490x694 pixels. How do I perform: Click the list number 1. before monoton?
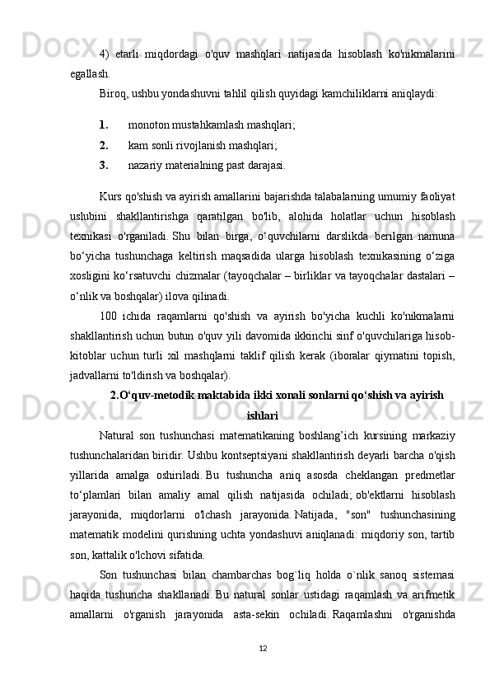point(104,126)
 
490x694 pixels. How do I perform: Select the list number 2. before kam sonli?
point(104,145)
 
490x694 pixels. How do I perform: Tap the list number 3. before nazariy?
point(104,164)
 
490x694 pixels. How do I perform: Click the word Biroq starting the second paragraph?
point(113,92)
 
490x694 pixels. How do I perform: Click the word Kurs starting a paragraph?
point(110,199)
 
